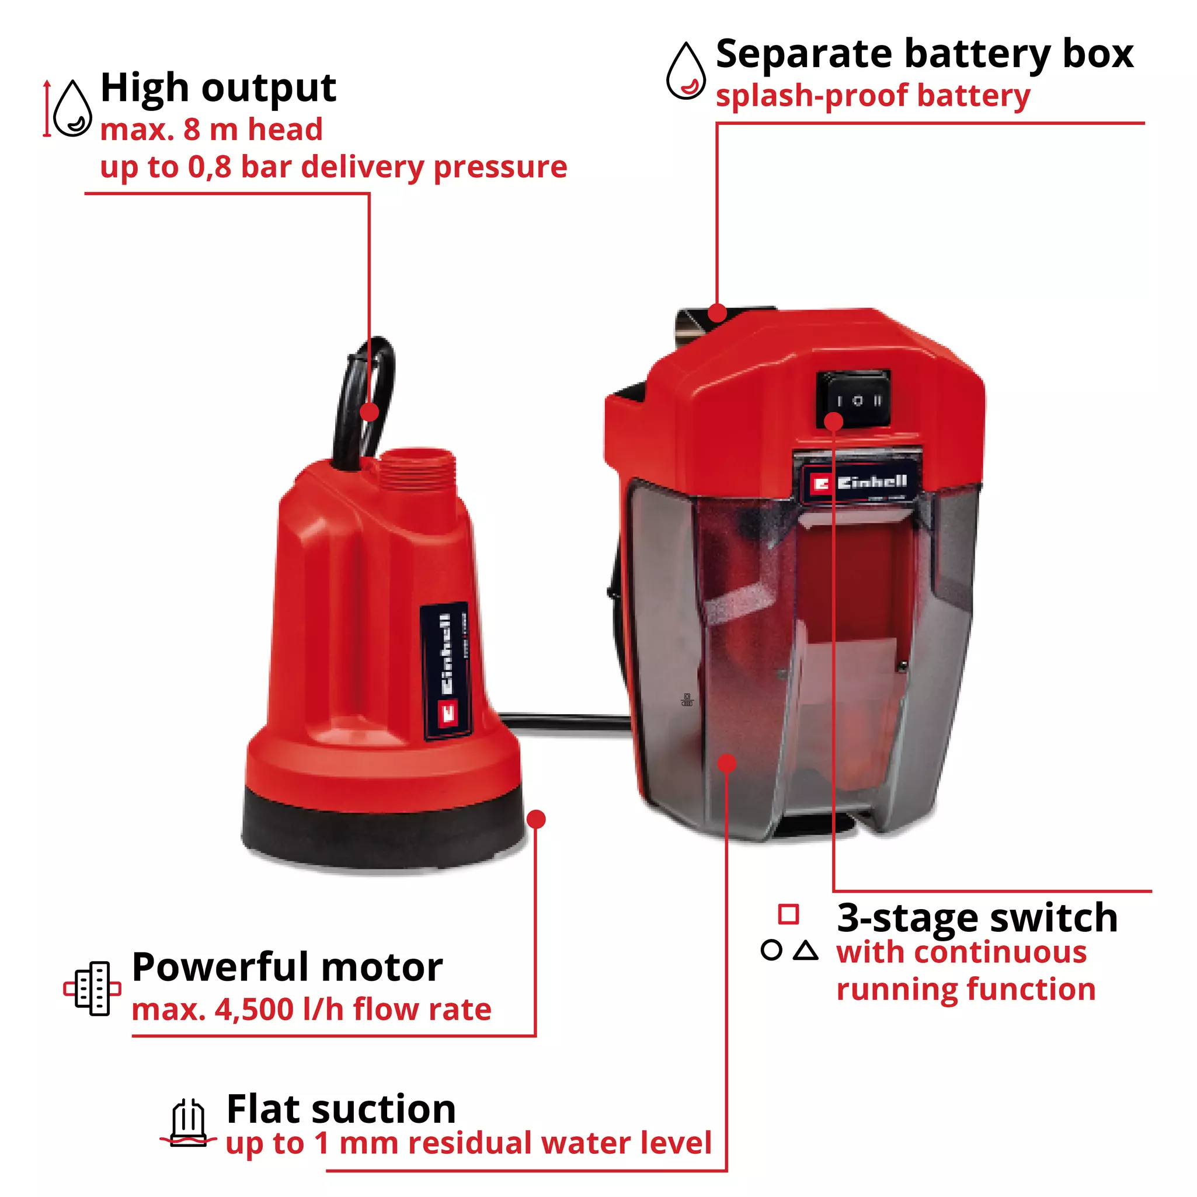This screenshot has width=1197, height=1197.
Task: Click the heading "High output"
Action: point(218,89)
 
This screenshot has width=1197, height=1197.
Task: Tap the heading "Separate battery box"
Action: point(924,54)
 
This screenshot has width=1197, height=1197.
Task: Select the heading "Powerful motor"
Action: point(287,967)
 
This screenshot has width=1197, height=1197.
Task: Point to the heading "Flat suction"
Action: point(342,1108)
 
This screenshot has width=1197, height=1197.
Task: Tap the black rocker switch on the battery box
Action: point(854,399)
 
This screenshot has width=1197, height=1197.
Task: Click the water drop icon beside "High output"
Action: point(73,110)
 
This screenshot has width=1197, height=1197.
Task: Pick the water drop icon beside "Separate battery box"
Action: point(686,72)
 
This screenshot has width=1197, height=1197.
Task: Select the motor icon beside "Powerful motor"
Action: point(92,989)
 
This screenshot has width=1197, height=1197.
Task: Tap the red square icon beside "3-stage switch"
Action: point(788,914)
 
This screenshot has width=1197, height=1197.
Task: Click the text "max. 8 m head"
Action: point(211,130)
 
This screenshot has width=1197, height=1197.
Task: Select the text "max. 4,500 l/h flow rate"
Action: point(312,1010)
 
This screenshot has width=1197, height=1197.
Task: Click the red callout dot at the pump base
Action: point(536,819)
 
